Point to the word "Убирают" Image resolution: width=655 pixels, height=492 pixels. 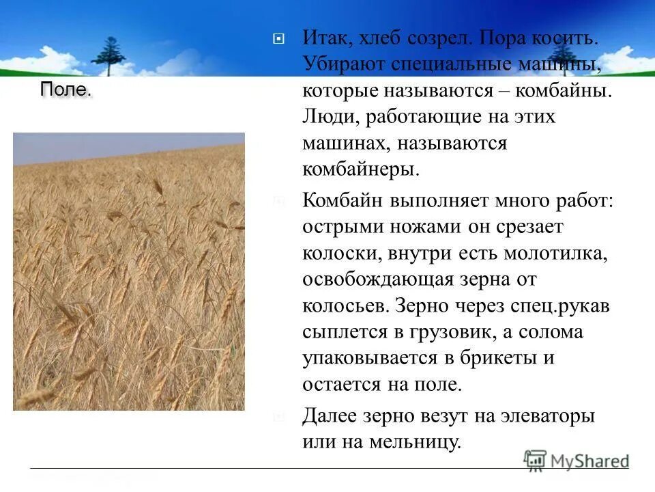[x=343, y=64]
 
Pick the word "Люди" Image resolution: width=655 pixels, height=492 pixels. [x=330, y=118]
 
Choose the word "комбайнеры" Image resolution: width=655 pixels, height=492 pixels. [x=361, y=169]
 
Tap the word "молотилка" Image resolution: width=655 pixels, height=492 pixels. [x=555, y=254]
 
